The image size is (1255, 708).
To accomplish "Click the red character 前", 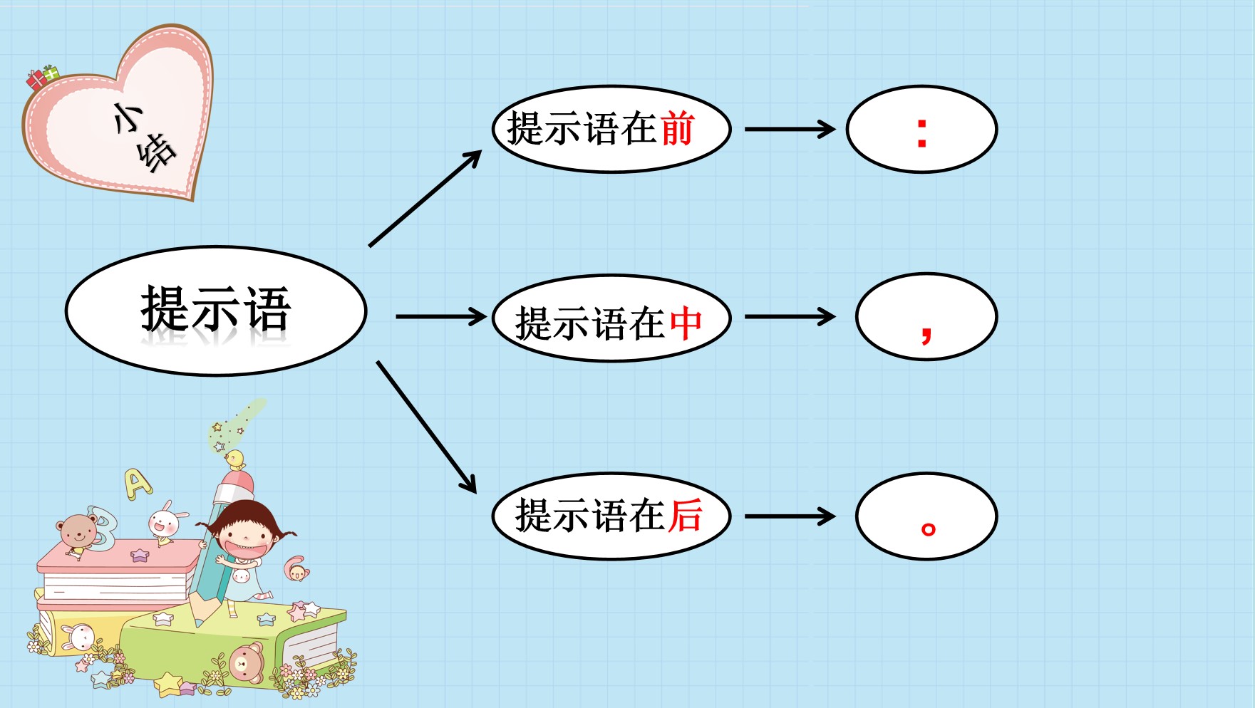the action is (677, 129).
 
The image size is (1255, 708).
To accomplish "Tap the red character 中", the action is (686, 323).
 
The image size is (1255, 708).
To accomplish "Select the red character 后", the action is (686, 515).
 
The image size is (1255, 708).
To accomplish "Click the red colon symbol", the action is (922, 133).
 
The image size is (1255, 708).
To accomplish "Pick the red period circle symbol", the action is (928, 529).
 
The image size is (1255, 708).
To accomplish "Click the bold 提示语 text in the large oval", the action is (216, 309).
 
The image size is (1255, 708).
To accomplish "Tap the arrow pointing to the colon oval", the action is (790, 130).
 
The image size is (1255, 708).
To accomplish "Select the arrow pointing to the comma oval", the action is (790, 317).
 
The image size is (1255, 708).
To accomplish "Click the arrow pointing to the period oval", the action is (790, 516).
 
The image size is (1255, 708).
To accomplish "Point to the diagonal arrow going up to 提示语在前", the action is (425, 199).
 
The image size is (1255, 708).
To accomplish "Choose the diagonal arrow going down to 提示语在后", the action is (426, 427).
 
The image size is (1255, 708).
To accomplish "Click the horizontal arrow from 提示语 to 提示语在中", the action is (440, 317).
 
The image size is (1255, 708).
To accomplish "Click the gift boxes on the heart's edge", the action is (42, 77).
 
